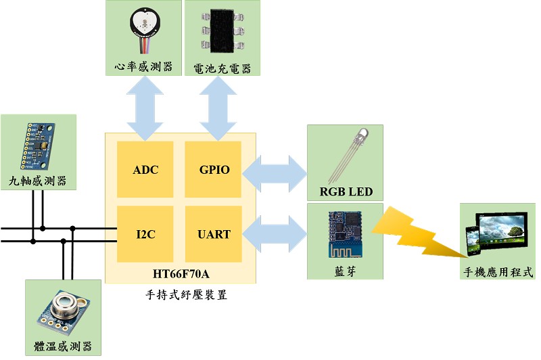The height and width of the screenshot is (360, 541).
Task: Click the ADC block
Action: pyautogui.click(x=145, y=170)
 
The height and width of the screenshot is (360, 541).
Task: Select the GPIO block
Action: pyautogui.click(x=213, y=170)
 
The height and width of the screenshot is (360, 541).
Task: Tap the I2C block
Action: pyautogui.click(x=145, y=234)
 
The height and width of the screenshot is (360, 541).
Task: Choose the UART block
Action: pyautogui.click(x=213, y=234)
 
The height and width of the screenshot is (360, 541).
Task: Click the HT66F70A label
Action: pyautogui.click(x=181, y=273)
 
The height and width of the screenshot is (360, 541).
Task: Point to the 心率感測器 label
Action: pyautogui.click(x=144, y=67)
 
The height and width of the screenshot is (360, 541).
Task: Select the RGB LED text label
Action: pyautogui.click(x=346, y=192)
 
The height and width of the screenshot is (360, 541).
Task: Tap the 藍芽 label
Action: pyautogui.click(x=345, y=270)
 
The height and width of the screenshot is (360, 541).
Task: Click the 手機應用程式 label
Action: pyautogui.click(x=498, y=273)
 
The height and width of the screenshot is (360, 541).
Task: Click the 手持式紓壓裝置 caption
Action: pyautogui.click(x=181, y=294)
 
